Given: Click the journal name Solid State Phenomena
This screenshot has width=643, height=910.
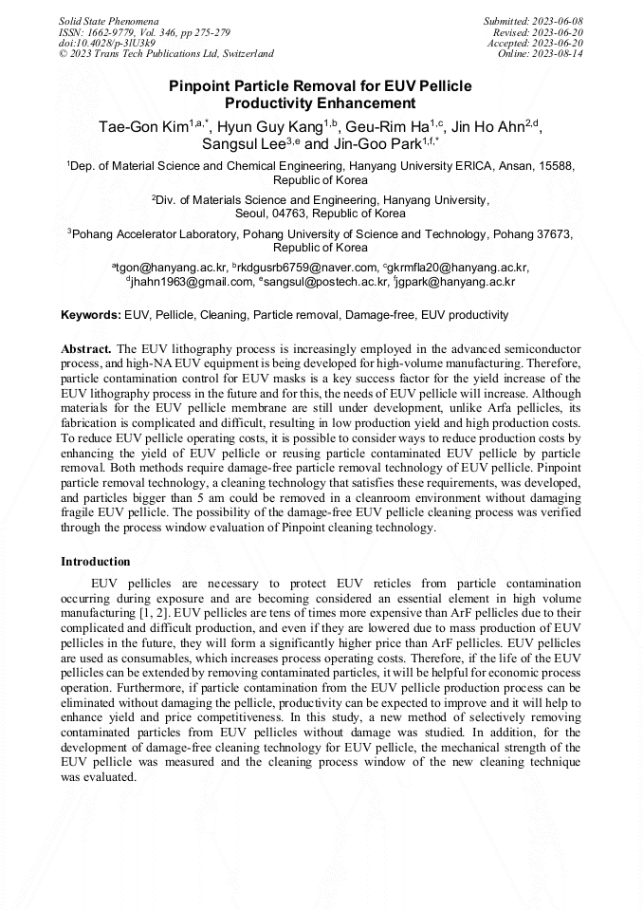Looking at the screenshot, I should tap(109, 21).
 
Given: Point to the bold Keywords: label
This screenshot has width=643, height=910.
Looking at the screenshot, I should tap(91, 314).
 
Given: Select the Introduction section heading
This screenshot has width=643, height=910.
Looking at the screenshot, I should tap(95, 562).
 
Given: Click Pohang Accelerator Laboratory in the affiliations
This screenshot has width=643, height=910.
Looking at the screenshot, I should tap(160, 233).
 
